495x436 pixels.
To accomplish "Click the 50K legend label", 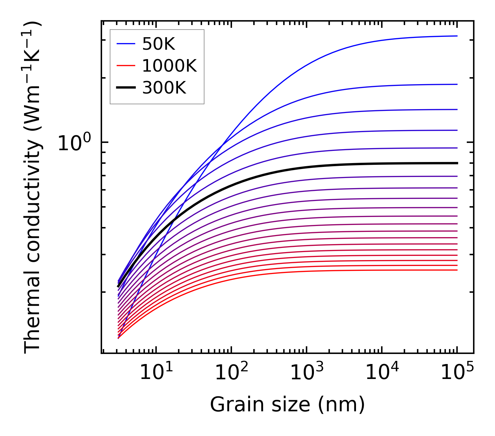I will click(158, 44).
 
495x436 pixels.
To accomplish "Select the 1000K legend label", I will click(169, 66).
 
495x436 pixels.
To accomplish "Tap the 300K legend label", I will click(164, 88).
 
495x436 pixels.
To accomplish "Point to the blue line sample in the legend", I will click(126, 44).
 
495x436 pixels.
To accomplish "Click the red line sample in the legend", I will click(126, 65).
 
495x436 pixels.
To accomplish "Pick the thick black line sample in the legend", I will click(126, 88).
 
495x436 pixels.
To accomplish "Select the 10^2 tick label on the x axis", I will click(231, 373).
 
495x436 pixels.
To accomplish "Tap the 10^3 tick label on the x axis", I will click(307, 373).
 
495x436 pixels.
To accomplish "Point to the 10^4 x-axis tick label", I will click(382, 373).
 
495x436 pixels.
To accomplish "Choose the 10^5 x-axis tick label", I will click(457, 373).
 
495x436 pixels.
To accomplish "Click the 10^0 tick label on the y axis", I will click(74, 143).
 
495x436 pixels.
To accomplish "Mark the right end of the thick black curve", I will click(457, 163).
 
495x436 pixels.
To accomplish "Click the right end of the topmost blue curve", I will click(457, 36).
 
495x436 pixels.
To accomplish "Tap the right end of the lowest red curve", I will click(457, 270).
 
